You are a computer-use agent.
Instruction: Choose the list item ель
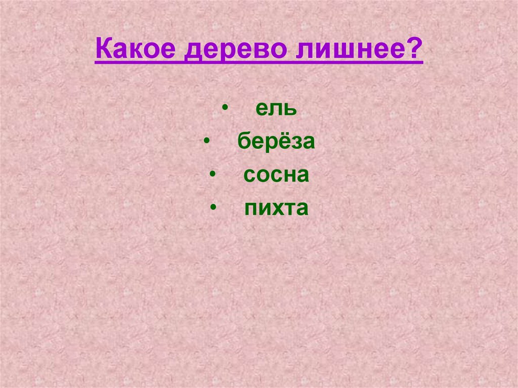[x=276, y=109]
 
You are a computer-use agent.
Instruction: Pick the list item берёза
[x=276, y=142]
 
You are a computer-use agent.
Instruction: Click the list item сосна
[x=276, y=175]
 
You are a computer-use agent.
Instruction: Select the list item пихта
[x=276, y=208]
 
